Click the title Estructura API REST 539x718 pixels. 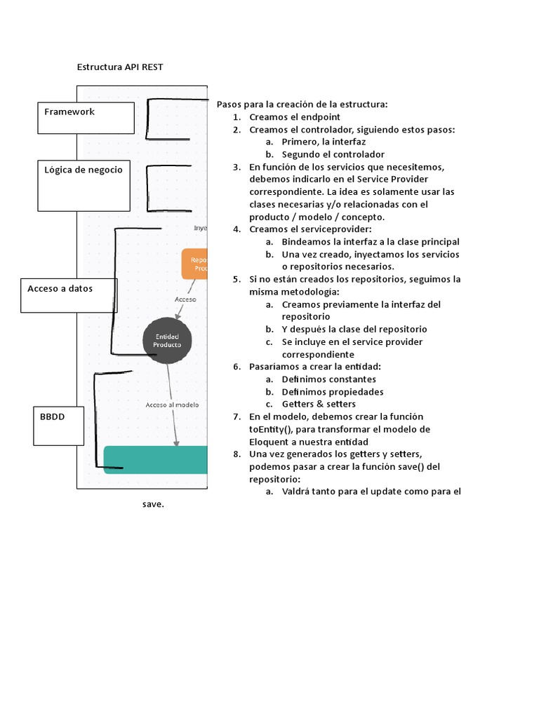point(120,67)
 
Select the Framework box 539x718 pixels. point(85,118)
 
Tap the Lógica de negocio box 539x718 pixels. point(84,185)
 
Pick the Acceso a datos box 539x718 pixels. point(69,294)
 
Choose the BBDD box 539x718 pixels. point(67,425)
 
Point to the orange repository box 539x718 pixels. point(196,264)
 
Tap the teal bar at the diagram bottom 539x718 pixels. point(156,459)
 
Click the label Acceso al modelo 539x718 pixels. point(172,405)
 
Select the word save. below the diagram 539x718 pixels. point(153,503)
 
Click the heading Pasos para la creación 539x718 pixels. point(302,104)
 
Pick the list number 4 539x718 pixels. point(237,229)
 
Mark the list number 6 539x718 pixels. point(237,367)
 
